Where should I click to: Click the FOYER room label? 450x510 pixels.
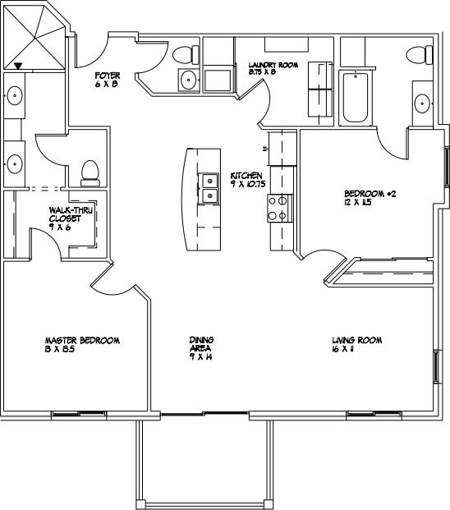[x=108, y=76]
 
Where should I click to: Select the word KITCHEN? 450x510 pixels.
[x=246, y=176]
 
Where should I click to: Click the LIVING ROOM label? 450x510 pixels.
[x=357, y=340]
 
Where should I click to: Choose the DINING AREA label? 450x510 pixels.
[x=202, y=344]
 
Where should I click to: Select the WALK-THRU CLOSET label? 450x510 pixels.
[x=69, y=214]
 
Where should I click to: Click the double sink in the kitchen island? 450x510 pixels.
[x=210, y=188]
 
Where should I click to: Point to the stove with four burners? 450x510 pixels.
[x=280, y=208]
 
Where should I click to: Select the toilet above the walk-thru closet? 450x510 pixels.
[x=90, y=171]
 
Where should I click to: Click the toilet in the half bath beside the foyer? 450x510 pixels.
[x=184, y=55]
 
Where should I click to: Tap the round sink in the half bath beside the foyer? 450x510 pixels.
[x=188, y=80]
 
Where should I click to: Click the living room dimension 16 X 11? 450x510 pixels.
[x=345, y=348]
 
